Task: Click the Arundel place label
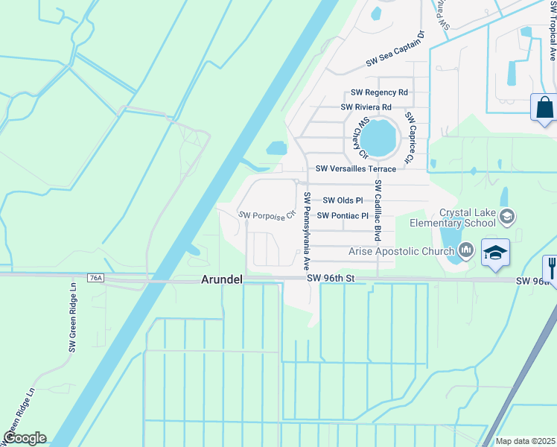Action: pos(222,280)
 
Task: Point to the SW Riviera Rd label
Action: pos(366,107)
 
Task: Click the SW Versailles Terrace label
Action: pos(356,169)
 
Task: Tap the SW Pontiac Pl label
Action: pos(343,216)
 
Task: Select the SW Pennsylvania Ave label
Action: pos(306,232)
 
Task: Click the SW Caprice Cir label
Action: pos(409,138)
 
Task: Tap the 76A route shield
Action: pos(95,278)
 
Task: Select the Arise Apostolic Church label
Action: pos(401,251)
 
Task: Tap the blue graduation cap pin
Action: pos(495,252)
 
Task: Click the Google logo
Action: pos(25,438)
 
